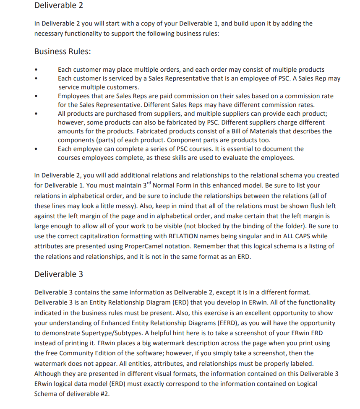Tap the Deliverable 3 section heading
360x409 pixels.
[x=58, y=274]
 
